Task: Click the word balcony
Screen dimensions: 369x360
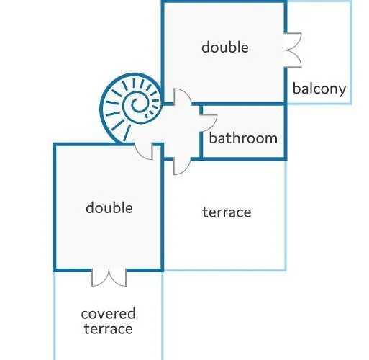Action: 319,89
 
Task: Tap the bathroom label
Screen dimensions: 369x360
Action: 243,138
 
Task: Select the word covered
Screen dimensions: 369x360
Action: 109,314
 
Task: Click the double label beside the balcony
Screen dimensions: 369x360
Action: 225,47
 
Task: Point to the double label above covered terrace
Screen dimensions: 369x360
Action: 109,207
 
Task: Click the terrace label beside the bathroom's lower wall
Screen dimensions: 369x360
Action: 227,212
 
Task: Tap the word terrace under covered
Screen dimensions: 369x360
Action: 109,329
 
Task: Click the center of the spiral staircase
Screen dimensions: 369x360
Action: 138,105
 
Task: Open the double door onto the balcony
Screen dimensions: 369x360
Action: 293,50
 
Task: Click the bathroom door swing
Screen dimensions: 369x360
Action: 209,123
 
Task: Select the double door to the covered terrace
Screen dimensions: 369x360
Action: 109,277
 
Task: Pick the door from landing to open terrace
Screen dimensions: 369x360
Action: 182,166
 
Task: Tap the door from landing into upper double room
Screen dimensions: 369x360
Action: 183,96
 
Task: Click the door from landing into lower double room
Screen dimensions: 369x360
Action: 144,151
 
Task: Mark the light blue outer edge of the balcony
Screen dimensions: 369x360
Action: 351,53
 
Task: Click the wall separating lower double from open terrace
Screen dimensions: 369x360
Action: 163,207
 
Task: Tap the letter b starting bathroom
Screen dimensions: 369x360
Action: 213,138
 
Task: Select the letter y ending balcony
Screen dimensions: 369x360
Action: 342,91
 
